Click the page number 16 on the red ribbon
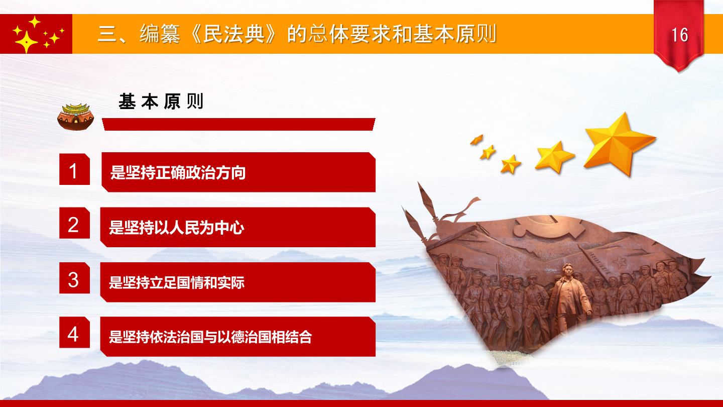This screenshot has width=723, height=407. click(679, 35)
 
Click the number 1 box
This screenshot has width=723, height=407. click(74, 169)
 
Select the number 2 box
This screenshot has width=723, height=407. click(74, 223)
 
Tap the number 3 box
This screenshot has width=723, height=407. click(74, 278)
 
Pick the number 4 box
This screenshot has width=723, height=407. click(74, 333)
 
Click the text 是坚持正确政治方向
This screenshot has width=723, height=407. click(178, 172)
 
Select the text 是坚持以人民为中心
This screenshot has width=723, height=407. click(177, 228)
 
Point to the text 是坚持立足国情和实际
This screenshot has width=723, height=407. click(177, 282)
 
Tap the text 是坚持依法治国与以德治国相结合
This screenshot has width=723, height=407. click(210, 337)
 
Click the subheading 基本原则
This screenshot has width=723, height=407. click(161, 101)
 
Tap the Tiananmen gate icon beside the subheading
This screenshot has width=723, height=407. click(75, 117)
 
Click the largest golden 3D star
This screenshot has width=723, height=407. click(619, 144)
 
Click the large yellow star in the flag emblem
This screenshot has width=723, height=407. click(25, 42)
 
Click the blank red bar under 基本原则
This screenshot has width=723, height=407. click(238, 125)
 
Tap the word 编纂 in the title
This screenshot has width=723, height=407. click(160, 34)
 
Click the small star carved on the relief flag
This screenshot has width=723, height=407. click(620, 263)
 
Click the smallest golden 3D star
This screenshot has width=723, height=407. click(477, 140)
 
